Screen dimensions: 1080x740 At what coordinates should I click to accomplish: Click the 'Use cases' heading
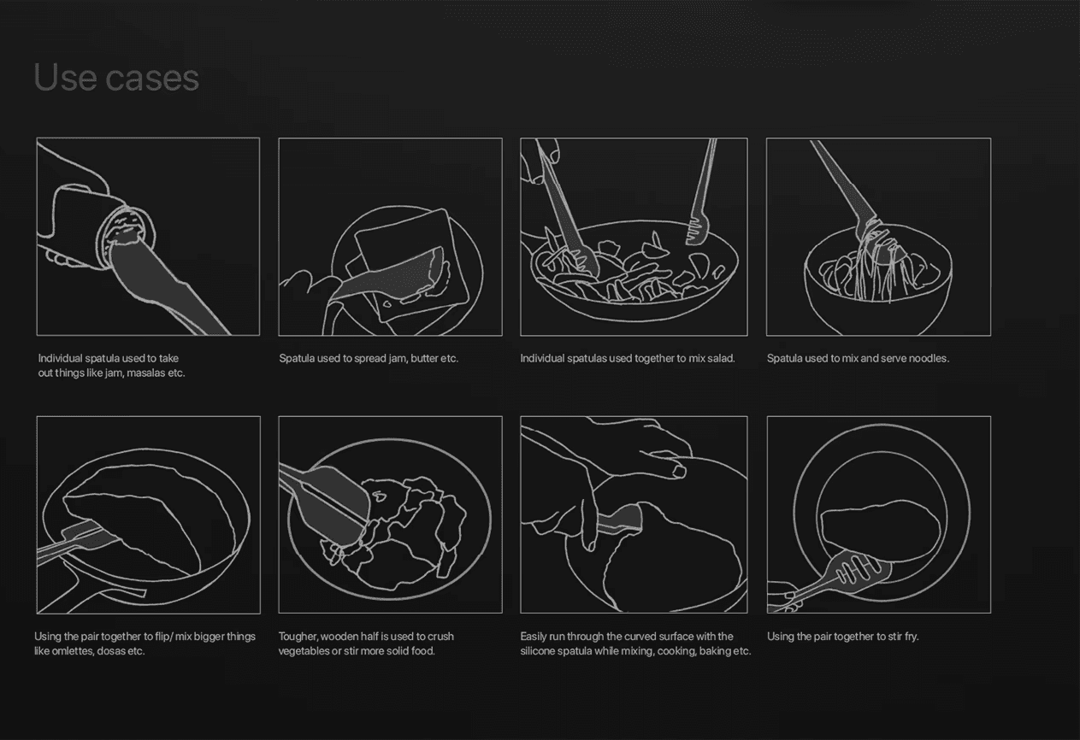point(116,77)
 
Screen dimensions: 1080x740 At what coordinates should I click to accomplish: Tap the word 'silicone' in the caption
point(538,651)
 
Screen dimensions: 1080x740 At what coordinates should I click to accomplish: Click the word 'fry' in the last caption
point(912,637)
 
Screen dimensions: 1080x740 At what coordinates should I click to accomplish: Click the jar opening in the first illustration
point(127,235)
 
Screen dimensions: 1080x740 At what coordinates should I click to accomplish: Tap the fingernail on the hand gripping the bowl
point(679,471)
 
